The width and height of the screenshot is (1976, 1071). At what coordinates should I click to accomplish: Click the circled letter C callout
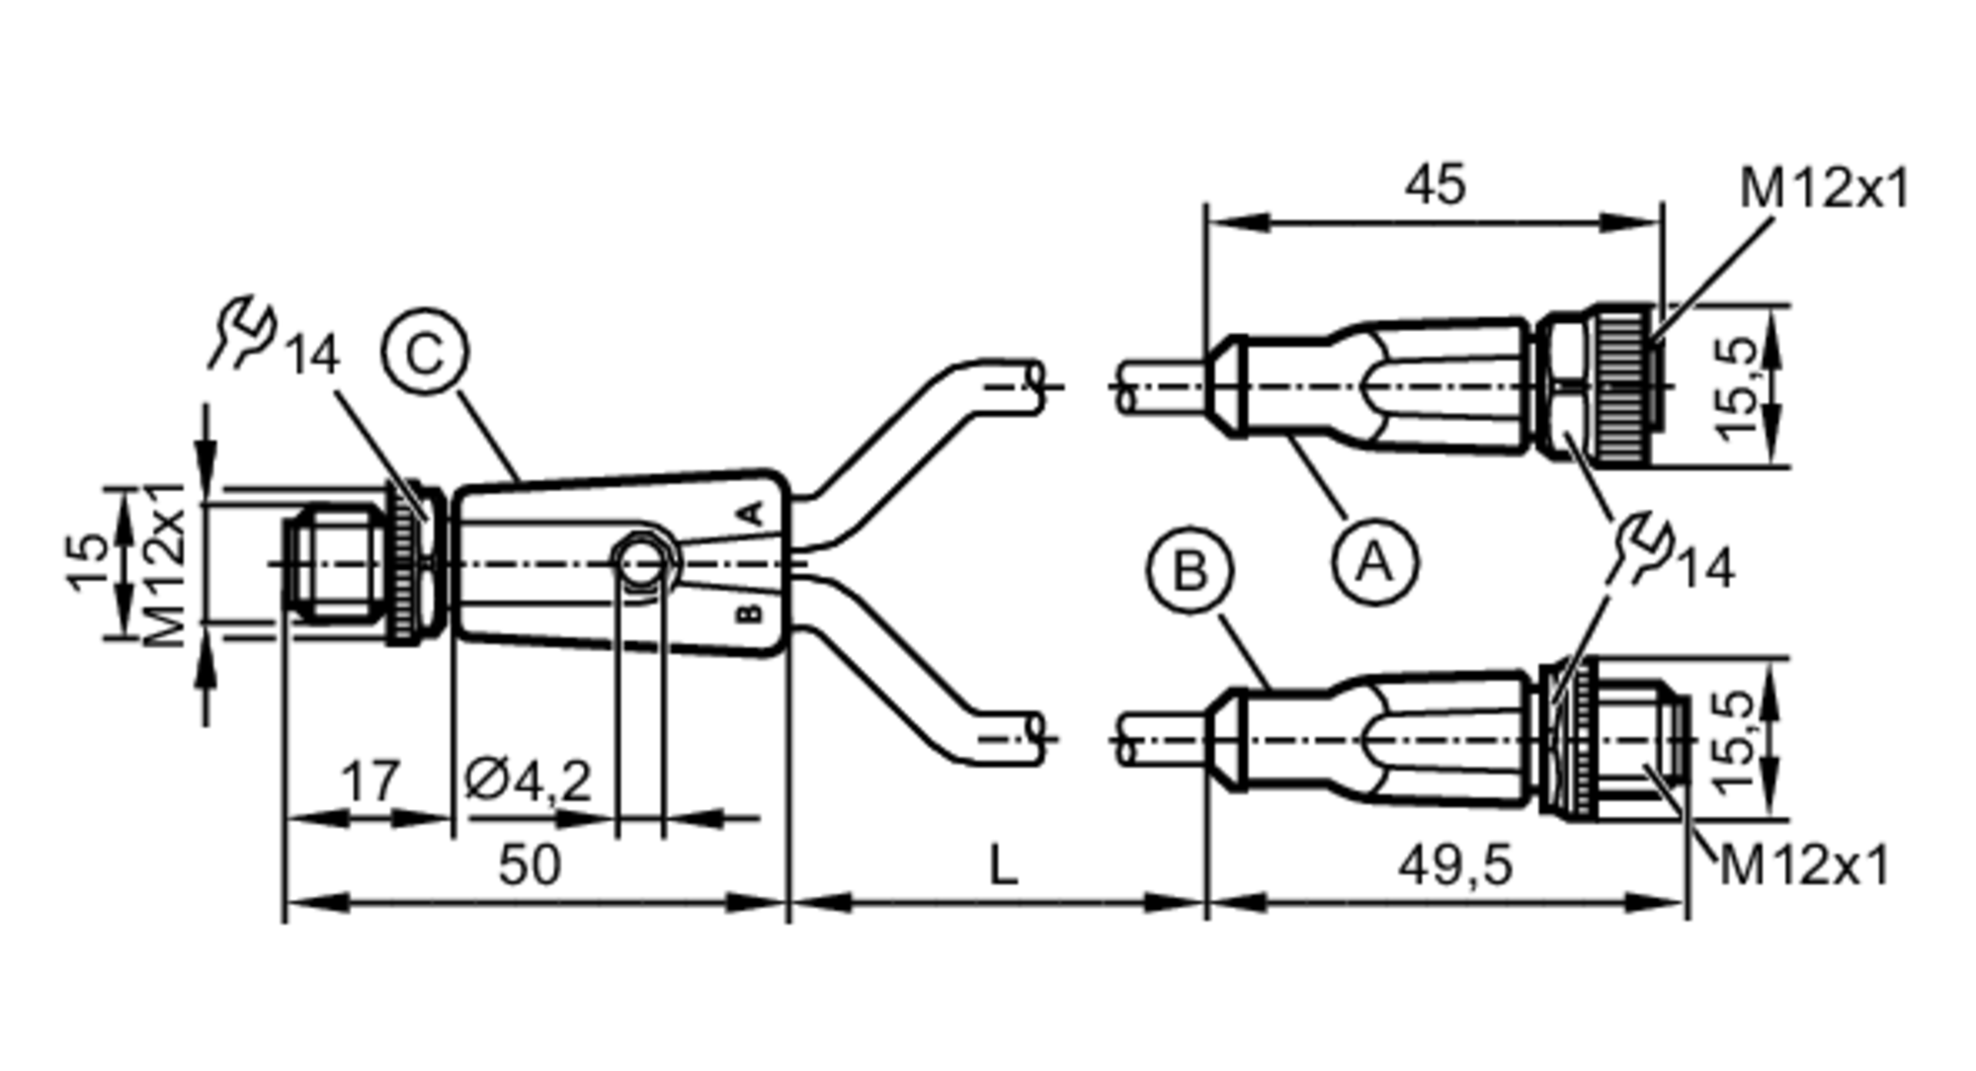pos(425,352)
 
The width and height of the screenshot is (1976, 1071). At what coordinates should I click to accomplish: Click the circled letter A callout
pos(1374,563)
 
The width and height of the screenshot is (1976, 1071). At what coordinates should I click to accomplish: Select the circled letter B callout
pos(1190,571)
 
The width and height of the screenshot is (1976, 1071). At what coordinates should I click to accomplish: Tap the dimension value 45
pos(1436,185)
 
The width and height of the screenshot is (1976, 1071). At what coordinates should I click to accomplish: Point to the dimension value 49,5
pos(1454,866)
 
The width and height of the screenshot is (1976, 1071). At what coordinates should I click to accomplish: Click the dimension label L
pos(1003,866)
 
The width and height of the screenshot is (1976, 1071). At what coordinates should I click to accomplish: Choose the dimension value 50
pos(530,865)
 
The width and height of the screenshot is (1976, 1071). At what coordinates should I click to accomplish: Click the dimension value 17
pos(370,782)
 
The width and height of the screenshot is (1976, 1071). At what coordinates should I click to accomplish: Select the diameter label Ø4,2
pos(529,782)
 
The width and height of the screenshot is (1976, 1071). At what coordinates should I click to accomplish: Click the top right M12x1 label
pos(1824,188)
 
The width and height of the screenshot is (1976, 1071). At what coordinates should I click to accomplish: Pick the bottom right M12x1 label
pos(1804,866)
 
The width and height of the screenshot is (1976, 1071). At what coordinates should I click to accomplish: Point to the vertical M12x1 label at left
pos(164,563)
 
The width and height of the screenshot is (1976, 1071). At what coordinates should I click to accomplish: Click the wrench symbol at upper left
pos(242,331)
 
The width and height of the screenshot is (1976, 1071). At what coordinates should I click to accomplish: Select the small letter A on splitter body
pos(752,514)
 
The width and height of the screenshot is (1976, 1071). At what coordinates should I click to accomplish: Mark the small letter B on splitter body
pos(750,614)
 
